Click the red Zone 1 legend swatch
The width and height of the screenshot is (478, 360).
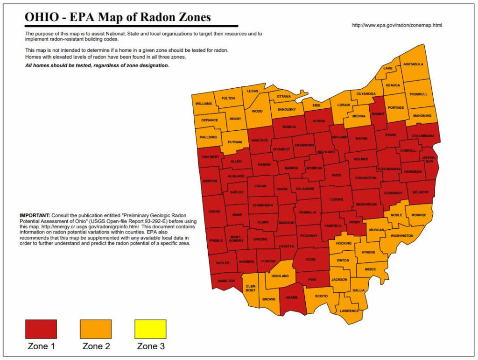point(41,329)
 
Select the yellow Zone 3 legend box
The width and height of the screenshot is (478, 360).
point(150,329)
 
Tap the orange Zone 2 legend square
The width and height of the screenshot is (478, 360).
point(96,329)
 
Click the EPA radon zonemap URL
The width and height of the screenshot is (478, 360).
point(397,25)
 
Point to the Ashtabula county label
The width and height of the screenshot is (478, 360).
point(413,64)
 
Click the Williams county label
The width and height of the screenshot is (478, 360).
point(204,103)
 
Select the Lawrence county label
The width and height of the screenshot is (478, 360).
point(349,311)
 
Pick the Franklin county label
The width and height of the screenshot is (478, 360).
point(308,212)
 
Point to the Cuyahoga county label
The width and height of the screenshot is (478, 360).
point(366,94)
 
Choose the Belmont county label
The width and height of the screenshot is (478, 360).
point(421,191)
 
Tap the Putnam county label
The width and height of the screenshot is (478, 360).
point(235,142)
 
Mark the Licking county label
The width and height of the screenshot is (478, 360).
point(336,199)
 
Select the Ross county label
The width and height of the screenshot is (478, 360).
point(311,259)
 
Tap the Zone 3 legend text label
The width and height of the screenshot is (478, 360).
point(150,346)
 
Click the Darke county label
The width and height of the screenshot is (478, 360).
point(214,211)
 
